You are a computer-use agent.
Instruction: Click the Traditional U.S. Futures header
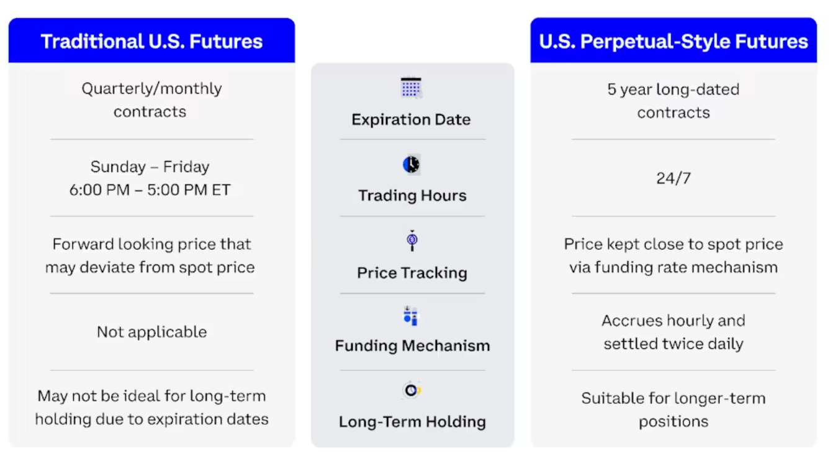tap(151, 42)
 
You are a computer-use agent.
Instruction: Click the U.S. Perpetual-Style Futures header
tap(673, 42)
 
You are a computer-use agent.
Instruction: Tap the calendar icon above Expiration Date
tap(411, 88)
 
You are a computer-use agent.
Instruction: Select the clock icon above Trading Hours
tap(411, 165)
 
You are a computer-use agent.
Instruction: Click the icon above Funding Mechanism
tap(411, 316)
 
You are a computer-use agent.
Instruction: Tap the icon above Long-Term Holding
tap(412, 390)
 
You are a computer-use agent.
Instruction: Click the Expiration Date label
tap(411, 119)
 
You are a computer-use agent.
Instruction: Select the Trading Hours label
tap(412, 196)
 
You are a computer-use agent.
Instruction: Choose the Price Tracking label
tap(412, 273)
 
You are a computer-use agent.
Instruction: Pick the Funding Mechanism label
tap(412, 345)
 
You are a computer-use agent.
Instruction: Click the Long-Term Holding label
tap(412, 422)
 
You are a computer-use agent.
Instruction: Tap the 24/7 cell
tap(673, 178)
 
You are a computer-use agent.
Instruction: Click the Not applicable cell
tap(151, 332)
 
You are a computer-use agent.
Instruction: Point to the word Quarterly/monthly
tap(151, 89)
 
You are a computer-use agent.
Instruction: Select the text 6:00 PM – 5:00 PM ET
tap(150, 190)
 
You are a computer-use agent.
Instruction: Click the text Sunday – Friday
tap(150, 167)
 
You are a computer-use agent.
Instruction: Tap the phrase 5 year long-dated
tap(673, 89)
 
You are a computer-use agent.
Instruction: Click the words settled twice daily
tap(673, 344)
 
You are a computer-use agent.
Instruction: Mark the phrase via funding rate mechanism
tap(673, 268)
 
